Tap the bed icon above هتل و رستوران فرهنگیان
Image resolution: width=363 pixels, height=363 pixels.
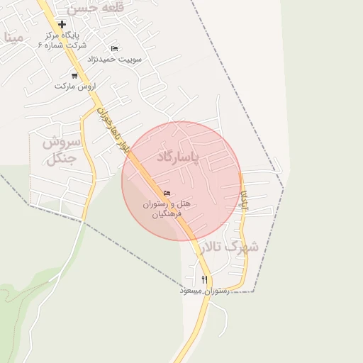point(167,194)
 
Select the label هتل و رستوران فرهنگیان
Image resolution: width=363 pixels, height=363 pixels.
point(167,208)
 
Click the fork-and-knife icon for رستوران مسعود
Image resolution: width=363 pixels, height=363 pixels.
point(205,279)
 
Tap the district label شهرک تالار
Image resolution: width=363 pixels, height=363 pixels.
point(230,247)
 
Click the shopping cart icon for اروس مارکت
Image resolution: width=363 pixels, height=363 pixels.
point(74,75)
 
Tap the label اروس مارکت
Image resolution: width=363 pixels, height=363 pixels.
point(74,86)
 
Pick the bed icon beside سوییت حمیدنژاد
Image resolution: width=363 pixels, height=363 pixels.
point(114,48)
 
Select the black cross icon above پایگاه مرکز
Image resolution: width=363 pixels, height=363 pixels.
point(62,24)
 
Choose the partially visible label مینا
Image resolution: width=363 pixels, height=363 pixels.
point(12,37)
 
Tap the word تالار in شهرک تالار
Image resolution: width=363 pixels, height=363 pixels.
point(212,247)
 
